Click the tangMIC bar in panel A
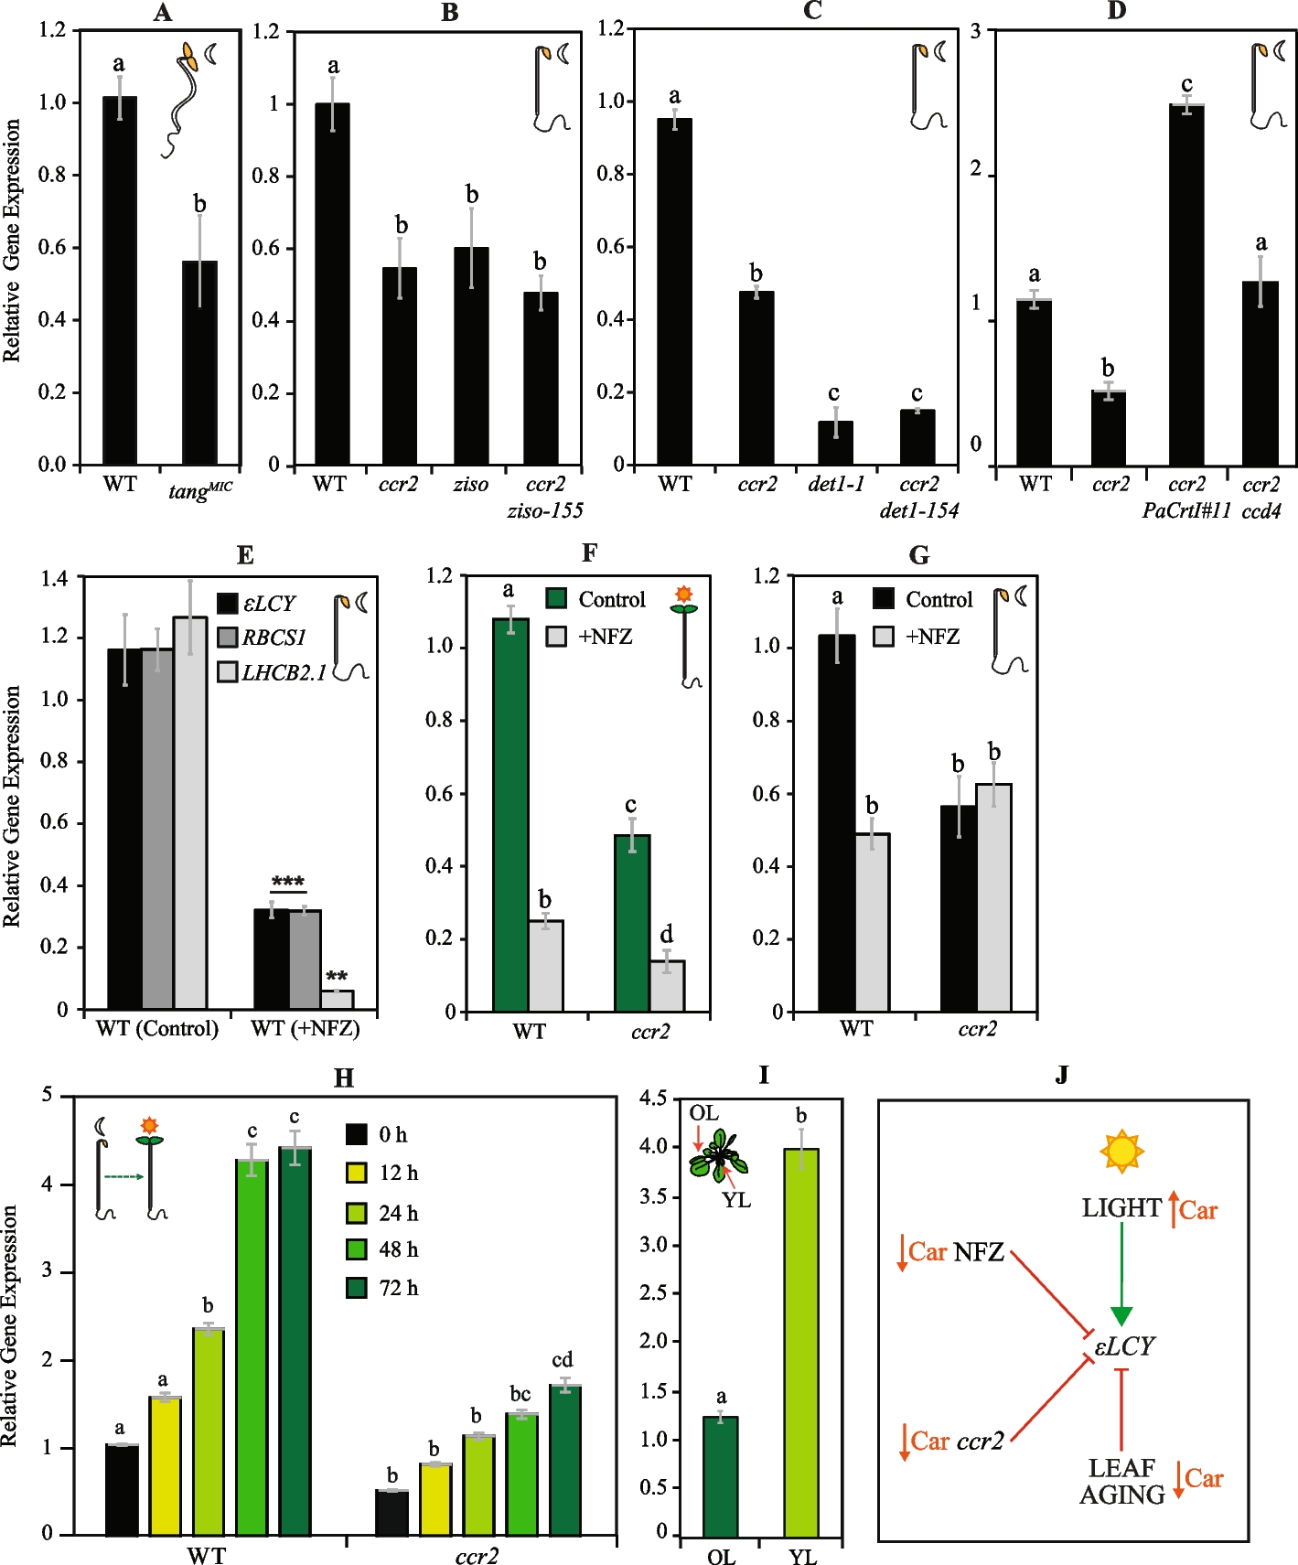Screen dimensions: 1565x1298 [x=199, y=363]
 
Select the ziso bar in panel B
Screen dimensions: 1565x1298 [x=471, y=356]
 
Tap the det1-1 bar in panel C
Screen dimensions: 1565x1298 [x=835, y=443]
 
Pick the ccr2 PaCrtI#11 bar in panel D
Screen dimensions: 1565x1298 [x=1186, y=285]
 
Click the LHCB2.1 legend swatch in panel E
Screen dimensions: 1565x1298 [x=228, y=672]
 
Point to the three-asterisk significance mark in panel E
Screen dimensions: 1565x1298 [x=288, y=883]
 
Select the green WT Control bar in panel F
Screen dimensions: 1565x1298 [x=510, y=815]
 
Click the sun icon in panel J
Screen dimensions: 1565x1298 [x=1121, y=1151]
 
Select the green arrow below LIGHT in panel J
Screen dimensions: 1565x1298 [x=1121, y=1275]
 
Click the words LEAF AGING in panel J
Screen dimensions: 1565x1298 [x=1121, y=1481]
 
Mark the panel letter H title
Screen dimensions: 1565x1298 [x=343, y=1078]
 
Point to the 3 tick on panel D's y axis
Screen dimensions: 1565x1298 [x=976, y=32]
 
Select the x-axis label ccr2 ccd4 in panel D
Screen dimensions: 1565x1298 [x=1260, y=497]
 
